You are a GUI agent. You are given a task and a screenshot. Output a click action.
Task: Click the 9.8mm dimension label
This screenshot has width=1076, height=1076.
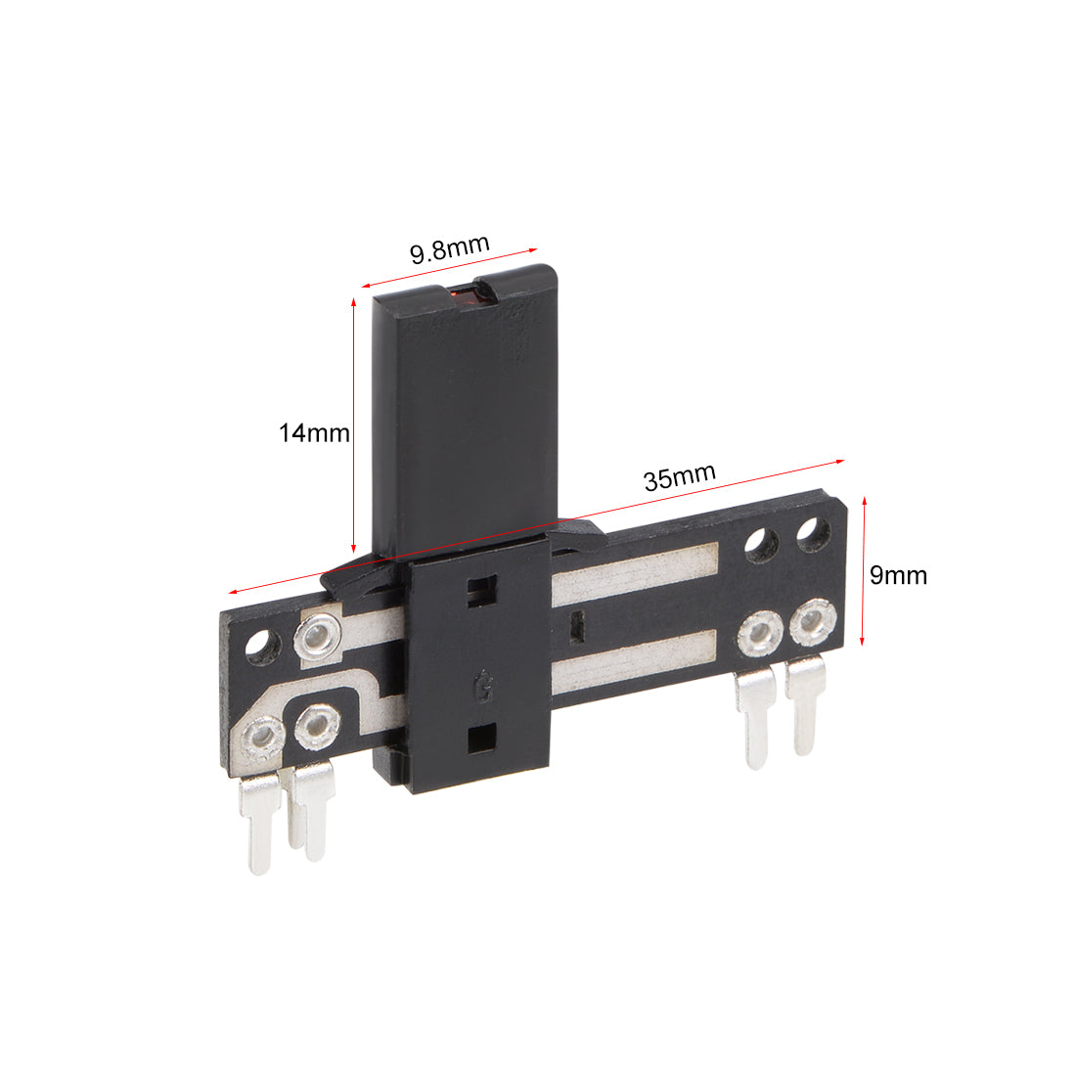[x=450, y=249]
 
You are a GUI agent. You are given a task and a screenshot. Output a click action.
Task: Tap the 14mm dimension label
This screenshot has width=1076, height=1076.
[x=314, y=433]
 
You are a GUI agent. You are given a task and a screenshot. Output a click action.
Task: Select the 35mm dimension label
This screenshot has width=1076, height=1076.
[x=680, y=476]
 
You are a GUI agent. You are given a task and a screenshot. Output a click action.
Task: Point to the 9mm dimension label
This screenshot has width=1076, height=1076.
[x=898, y=575]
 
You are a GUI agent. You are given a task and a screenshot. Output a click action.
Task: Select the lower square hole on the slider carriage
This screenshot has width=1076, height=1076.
[x=481, y=739]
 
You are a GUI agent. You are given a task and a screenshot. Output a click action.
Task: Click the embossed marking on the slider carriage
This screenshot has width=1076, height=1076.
[x=484, y=687]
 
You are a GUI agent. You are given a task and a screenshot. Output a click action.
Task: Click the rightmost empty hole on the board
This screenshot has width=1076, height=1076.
[x=814, y=534]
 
